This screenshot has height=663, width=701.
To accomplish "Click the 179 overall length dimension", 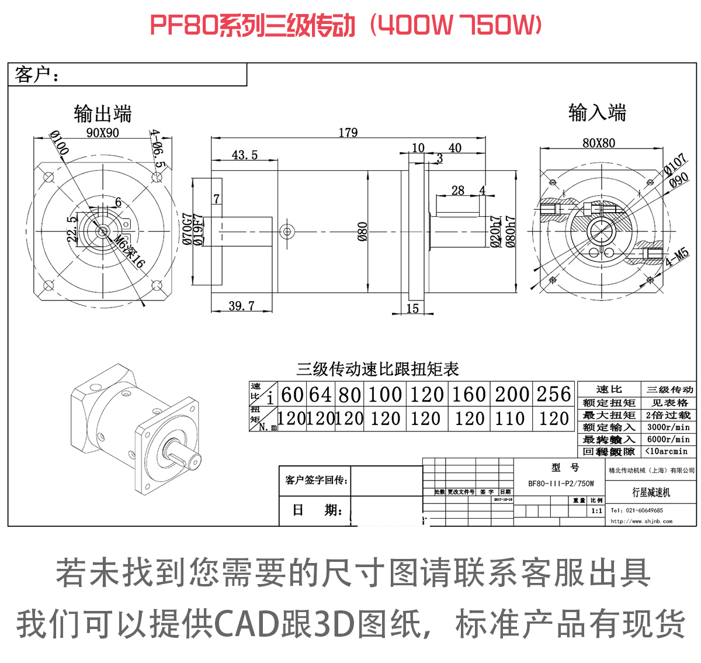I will point(348,133).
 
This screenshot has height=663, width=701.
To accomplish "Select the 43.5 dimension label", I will point(244,155).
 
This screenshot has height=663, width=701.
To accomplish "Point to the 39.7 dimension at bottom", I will point(241,306).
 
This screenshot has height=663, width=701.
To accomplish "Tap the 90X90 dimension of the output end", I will point(102,133).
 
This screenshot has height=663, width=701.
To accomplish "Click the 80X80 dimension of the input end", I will point(598,143).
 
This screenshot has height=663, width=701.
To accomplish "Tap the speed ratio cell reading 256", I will point(553,395).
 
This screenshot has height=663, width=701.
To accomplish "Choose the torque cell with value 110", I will point(510,419).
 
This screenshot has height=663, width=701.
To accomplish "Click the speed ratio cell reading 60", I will point(292,395).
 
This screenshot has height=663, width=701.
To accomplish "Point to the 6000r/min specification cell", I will point(668,439).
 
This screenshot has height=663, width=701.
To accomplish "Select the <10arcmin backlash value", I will point(667,451).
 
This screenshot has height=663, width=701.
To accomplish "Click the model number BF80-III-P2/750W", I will point(561,484).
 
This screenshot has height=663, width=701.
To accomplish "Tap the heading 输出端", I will point(103,113).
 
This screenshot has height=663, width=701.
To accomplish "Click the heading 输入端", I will point(597,112).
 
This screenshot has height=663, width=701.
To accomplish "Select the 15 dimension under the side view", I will point(412,308).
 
